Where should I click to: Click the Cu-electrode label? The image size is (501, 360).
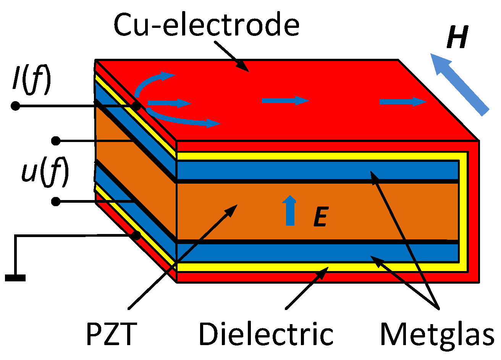206,25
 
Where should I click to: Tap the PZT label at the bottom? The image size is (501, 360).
111,334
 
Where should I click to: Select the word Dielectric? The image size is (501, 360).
266,334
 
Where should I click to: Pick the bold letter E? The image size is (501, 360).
320,218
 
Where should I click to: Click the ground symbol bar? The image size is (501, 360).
15,278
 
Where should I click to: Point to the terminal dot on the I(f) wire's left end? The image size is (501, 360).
15,106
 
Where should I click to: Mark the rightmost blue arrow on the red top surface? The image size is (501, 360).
402,102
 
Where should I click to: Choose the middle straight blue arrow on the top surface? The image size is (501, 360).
285,101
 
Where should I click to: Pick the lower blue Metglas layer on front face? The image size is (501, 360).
317,252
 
